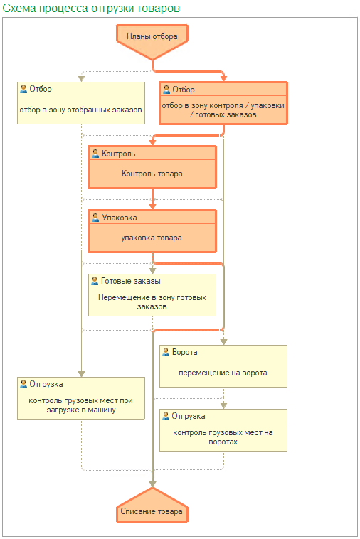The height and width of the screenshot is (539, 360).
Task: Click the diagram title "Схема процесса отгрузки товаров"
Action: coord(91,8)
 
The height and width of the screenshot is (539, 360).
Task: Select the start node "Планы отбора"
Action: coord(152,41)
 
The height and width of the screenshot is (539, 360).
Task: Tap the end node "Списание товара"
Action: coord(152,506)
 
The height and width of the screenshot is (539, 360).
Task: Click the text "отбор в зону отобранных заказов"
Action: coord(81,110)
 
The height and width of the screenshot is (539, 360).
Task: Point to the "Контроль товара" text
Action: coord(152,174)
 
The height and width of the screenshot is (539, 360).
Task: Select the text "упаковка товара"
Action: coord(152,238)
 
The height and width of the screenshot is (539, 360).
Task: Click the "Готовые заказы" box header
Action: coord(152,281)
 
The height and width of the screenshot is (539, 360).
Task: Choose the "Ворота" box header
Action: coord(223,352)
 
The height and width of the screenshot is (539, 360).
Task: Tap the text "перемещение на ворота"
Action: coord(223,373)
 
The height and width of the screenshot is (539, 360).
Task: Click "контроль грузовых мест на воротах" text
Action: coord(223,437)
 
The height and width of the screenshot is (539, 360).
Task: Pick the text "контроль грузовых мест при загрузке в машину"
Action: coord(81,405)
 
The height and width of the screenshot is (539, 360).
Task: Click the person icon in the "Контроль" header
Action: coord(95,154)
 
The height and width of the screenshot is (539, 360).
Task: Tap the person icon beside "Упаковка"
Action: coord(95,218)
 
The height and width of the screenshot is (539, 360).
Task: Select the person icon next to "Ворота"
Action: coord(166,352)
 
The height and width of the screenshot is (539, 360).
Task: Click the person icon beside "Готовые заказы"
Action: coord(95,280)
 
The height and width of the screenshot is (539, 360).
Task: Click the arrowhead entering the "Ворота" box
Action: coord(224,342)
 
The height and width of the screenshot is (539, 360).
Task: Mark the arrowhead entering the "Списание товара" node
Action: coord(152,484)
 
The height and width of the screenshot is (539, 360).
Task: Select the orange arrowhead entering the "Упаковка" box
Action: coord(153,207)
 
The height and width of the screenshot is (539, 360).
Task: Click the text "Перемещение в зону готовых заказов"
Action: coord(152,301)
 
